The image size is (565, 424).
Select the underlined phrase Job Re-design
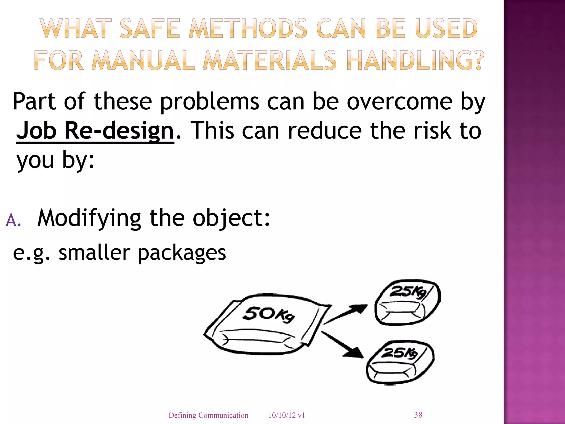pyautogui.click(x=95, y=131)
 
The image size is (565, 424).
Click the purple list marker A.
pyautogui.click(x=13, y=221)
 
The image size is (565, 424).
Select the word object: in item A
pyautogui.click(x=231, y=218)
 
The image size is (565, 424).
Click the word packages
pyautogui.click(x=182, y=253)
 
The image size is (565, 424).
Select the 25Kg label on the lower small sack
pyautogui.click(x=399, y=353)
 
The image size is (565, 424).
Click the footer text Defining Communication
pyautogui.click(x=208, y=415)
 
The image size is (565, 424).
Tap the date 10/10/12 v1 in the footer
pyautogui.click(x=287, y=415)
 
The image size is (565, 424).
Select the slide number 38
pyautogui.click(x=418, y=415)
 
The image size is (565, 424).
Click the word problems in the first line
pyautogui.click(x=209, y=102)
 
